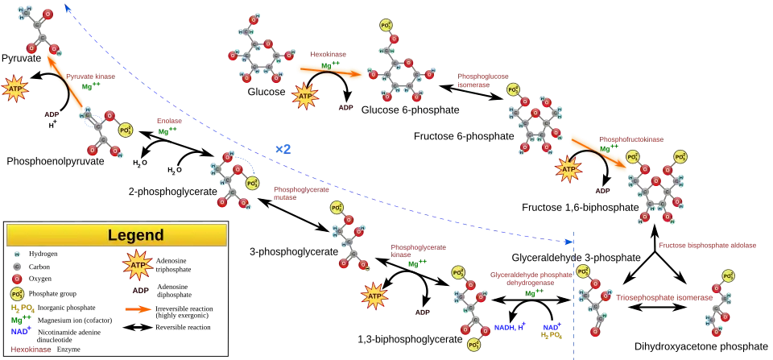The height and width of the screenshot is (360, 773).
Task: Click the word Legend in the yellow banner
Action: pos(135,235)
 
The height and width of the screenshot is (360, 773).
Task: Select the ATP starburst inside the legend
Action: pos(137,264)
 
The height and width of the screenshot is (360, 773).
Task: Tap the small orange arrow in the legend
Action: pos(138,308)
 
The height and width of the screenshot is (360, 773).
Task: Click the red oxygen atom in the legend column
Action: pos(17,279)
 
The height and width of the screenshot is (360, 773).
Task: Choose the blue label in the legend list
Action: pos(21,330)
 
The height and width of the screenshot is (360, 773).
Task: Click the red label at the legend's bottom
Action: pos(29,350)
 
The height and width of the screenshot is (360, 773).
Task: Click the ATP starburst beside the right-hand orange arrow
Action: pos(568,170)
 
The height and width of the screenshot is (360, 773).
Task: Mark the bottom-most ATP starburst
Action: pos(374,296)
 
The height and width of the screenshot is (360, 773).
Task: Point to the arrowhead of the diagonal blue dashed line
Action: pos(569,240)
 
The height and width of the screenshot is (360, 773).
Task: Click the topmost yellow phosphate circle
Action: pos(387,24)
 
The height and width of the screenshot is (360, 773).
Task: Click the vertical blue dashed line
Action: pos(575,306)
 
